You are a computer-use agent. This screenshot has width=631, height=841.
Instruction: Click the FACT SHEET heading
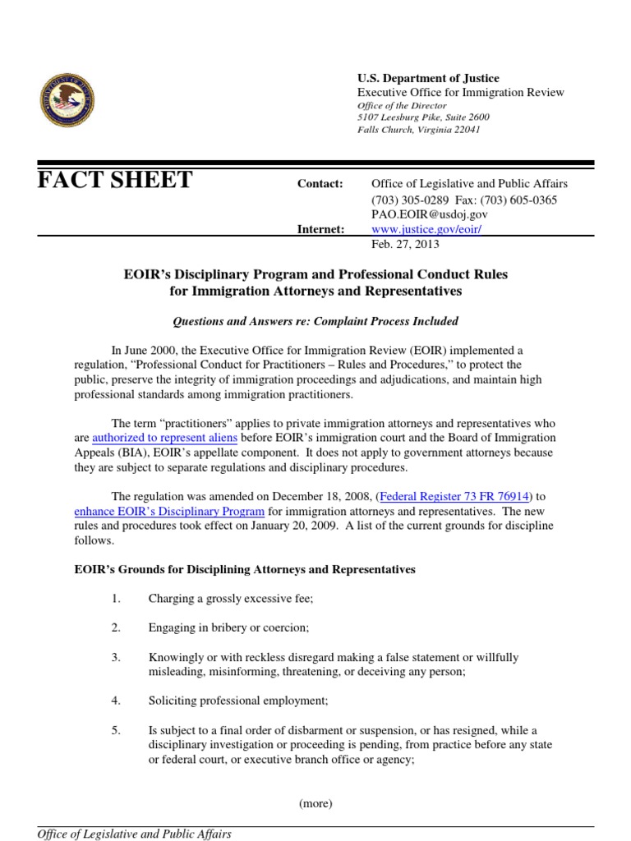click(x=115, y=181)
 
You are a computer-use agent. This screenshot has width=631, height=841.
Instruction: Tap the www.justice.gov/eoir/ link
click(x=426, y=229)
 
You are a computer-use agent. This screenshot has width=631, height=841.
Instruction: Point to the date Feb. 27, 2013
click(x=405, y=245)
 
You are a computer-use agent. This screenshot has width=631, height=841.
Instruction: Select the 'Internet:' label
click(x=320, y=229)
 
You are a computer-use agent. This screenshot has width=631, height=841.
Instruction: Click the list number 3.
click(x=116, y=658)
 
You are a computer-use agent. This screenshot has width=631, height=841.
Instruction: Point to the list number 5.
click(x=116, y=730)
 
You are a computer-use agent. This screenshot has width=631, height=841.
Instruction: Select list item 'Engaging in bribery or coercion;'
click(x=228, y=628)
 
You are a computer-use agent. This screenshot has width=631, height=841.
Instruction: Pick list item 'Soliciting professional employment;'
click(x=238, y=701)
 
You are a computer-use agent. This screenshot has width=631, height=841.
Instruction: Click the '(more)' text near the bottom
click(x=315, y=803)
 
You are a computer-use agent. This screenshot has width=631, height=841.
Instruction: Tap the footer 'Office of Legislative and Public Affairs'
click(x=135, y=834)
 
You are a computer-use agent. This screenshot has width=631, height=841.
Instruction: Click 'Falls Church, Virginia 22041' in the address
click(x=418, y=130)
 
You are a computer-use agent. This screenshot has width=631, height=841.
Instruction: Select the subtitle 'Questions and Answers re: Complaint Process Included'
click(x=315, y=321)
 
